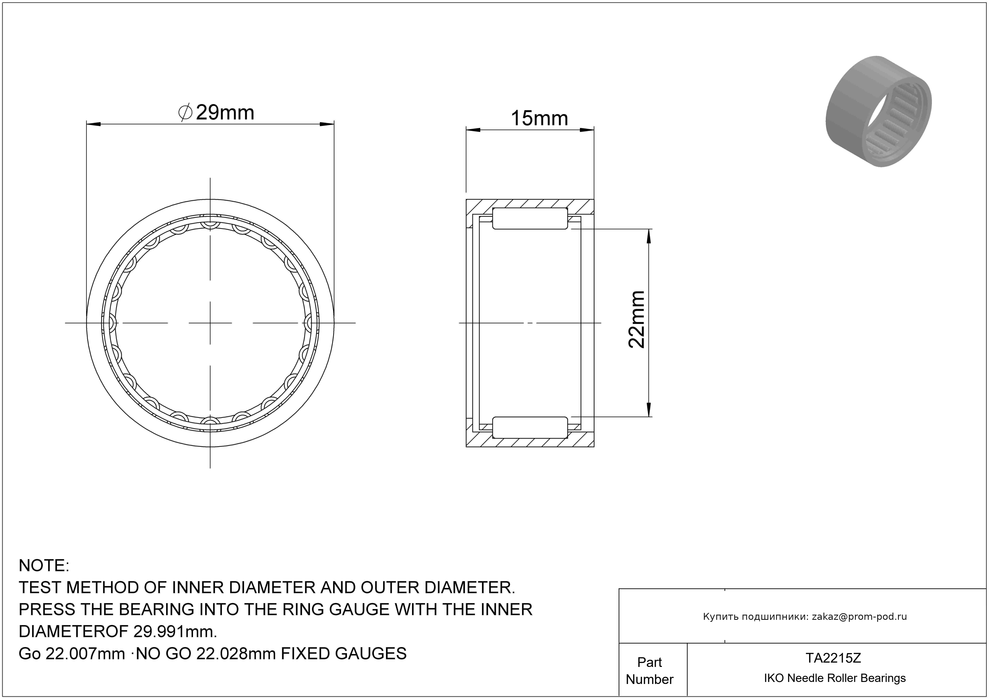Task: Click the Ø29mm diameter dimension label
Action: [x=216, y=113]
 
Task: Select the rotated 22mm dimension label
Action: [x=637, y=319]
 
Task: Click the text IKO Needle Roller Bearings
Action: [x=835, y=678]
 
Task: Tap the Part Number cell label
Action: [x=650, y=671]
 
